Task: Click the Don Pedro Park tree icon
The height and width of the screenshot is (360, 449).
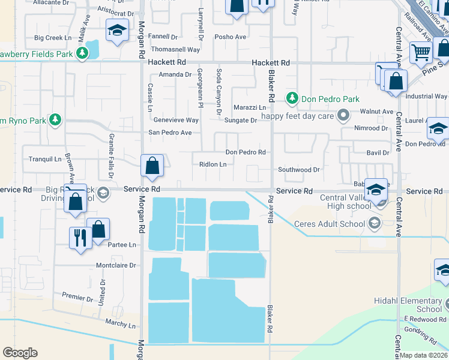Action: (x=292, y=98)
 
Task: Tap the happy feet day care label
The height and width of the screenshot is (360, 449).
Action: (x=297, y=116)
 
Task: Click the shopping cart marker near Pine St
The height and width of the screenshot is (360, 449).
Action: (x=421, y=53)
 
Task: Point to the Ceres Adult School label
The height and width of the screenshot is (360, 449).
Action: (x=330, y=224)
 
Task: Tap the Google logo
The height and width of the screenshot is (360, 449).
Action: (x=20, y=352)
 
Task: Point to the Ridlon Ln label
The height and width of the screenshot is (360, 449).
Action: (x=212, y=164)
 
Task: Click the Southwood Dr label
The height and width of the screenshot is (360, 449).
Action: (x=298, y=170)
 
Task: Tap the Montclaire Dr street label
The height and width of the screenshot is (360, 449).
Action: (x=116, y=265)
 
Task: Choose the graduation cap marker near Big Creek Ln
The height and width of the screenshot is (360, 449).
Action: (x=117, y=30)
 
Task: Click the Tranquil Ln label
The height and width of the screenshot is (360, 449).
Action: (x=46, y=159)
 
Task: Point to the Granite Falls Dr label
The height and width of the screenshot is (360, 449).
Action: (x=111, y=156)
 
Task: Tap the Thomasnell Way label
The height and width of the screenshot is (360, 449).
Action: (x=176, y=50)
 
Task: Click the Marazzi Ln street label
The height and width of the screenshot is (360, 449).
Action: (x=250, y=107)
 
